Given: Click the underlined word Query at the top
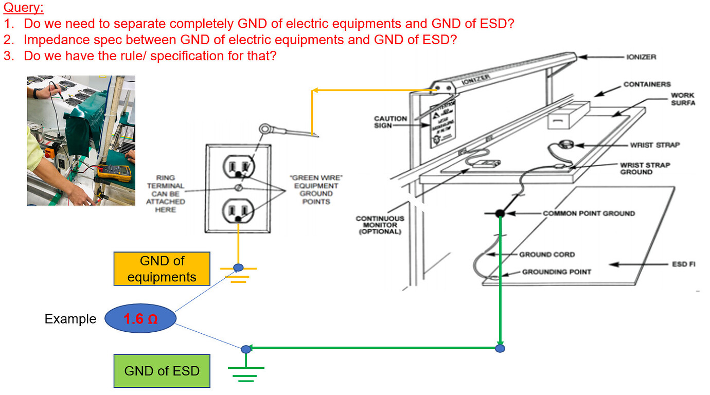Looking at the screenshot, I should click(24, 8).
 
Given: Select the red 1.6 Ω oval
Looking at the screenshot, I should click(140, 319).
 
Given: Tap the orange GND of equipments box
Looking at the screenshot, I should click(162, 269).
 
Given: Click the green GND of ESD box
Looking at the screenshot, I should click(162, 371).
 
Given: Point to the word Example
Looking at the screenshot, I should click(70, 319).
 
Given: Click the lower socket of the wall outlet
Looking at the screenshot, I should click(237, 211).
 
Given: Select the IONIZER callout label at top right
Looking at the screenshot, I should click(641, 57).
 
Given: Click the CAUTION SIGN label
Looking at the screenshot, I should click(390, 122).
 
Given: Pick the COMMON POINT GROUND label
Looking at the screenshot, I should click(589, 213).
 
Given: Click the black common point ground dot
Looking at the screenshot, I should click(500, 213).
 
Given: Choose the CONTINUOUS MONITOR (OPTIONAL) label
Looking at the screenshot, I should click(380, 225).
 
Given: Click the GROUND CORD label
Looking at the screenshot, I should click(547, 255).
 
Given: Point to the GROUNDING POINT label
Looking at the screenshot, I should click(557, 272).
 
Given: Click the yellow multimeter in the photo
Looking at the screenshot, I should click(110, 172).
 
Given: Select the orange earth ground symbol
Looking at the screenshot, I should click(238, 274).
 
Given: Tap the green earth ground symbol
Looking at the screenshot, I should click(246, 373).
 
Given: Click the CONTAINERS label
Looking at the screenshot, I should click(647, 84).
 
